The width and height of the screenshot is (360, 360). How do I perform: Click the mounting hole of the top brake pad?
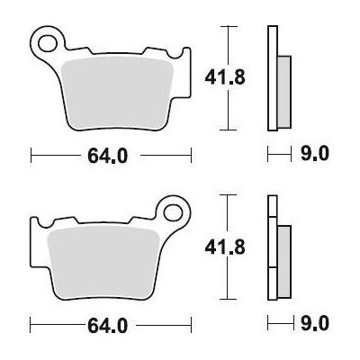pos(48,43)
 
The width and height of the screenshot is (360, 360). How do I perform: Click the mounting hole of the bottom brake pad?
pos(173,212)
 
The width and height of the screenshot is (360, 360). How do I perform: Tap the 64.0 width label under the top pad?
pos(108,157)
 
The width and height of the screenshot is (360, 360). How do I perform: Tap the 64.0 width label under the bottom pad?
pos(108,325)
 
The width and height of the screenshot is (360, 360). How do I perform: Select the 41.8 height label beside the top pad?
pos(225,77)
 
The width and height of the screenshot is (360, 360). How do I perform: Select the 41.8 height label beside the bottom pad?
pos(225,247)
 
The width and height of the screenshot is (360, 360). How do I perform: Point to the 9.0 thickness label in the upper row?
pos(315,154)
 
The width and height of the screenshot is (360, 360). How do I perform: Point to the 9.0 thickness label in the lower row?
pos(315,324)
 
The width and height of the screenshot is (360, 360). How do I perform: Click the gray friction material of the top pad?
pos(117,93)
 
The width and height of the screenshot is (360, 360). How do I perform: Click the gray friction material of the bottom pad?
pos(103,262)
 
